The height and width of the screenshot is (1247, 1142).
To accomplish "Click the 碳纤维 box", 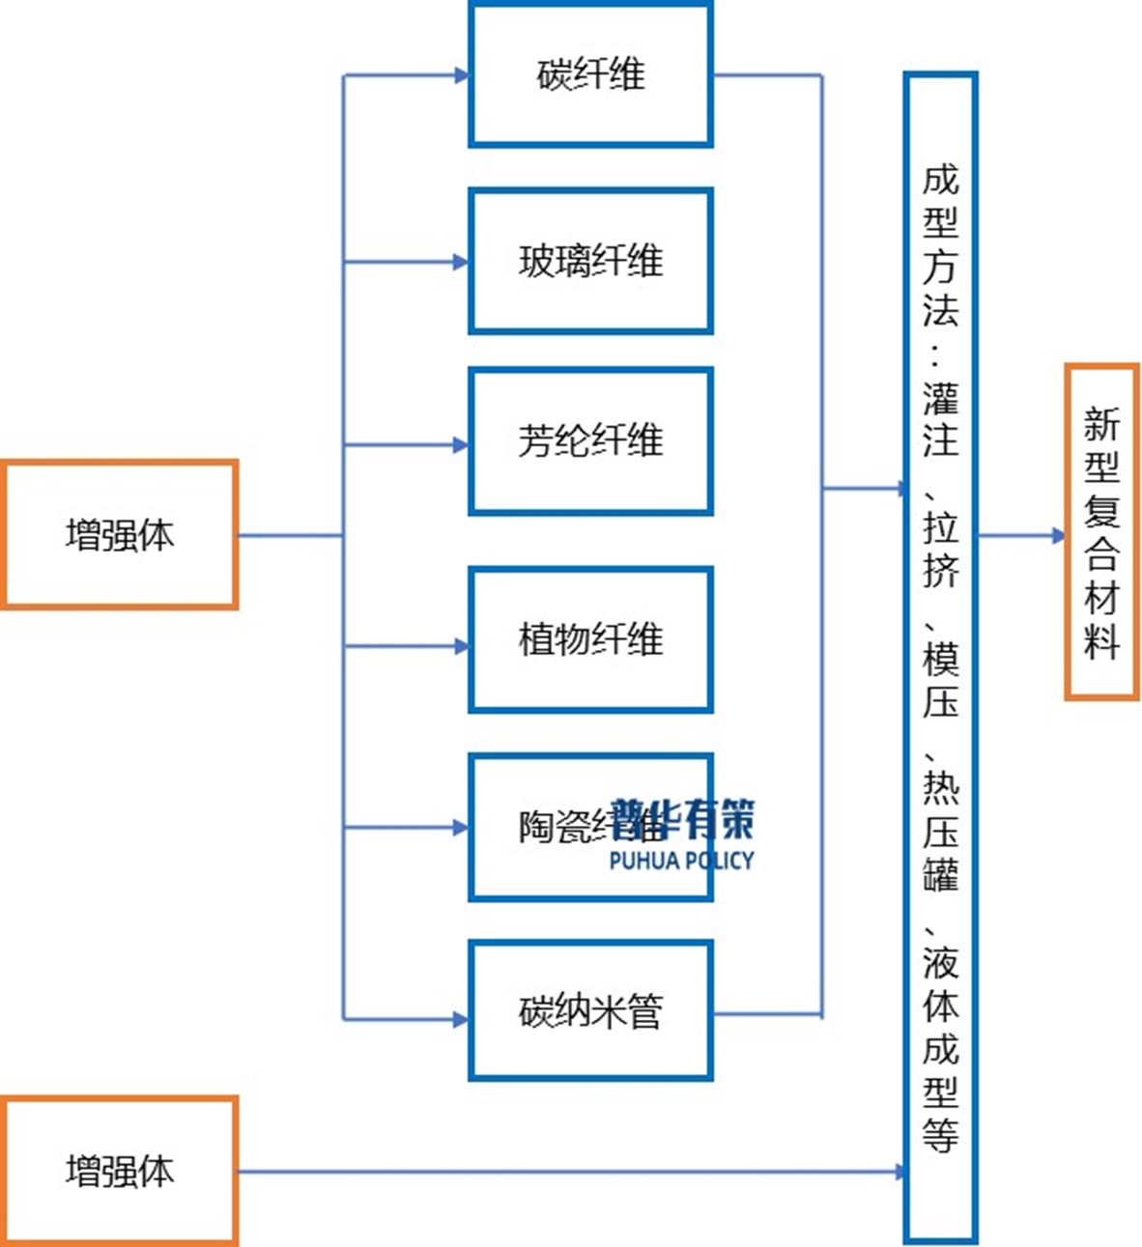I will (x=590, y=74).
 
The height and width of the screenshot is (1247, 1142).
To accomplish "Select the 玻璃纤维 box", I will (x=590, y=261).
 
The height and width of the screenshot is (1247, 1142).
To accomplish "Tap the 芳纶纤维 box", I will (x=590, y=440).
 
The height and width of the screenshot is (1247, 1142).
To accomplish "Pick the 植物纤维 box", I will (x=590, y=639).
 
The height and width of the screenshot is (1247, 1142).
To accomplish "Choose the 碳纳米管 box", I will (x=590, y=1010).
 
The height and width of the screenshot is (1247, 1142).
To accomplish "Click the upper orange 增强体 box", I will (x=120, y=534).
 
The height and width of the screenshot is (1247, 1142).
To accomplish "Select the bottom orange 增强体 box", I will (x=120, y=1171).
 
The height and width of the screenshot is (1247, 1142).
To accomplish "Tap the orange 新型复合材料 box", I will (x=1101, y=531).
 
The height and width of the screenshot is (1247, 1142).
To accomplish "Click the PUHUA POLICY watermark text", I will (x=681, y=860).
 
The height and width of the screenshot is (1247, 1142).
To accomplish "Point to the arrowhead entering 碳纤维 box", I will (x=462, y=75).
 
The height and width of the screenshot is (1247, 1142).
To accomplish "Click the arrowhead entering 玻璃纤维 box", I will (x=462, y=262).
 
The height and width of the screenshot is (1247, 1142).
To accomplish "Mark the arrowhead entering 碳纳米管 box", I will (x=462, y=1019).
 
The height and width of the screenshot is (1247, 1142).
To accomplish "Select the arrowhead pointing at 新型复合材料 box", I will (x=1058, y=535).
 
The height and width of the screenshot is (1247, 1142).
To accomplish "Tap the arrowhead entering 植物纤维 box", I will (x=462, y=646).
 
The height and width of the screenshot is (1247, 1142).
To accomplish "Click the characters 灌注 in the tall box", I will (x=939, y=418).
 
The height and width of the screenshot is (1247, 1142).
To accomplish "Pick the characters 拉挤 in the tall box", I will (x=939, y=549).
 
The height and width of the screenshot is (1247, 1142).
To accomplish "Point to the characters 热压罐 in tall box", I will (x=939, y=832).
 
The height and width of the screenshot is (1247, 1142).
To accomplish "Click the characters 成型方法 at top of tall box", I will (x=939, y=244).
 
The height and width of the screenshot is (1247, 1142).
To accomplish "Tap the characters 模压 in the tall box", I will (x=939, y=680).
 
